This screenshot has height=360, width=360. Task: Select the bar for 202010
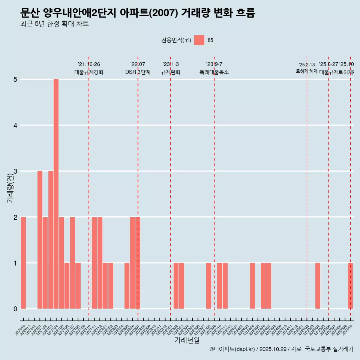[x=23, y=262]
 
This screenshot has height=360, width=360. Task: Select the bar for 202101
[x=40, y=240]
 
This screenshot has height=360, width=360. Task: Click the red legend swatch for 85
[x=199, y=40]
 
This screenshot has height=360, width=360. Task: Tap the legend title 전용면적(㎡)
[x=176, y=40]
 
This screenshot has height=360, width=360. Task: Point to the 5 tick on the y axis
[x=16, y=79]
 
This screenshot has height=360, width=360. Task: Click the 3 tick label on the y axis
[x=16, y=171]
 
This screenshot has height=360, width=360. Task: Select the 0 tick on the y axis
[x=16, y=309]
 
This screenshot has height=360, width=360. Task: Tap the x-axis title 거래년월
[x=187, y=340]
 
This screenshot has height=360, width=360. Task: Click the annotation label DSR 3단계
[x=138, y=72]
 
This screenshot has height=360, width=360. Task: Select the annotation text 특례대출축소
[x=214, y=72]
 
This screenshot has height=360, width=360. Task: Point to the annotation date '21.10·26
[x=89, y=64]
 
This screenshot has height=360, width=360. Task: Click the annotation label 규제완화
[x=171, y=72]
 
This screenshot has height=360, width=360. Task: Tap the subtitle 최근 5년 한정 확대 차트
[x=54, y=24]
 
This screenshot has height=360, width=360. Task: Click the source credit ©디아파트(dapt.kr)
[x=232, y=349]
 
